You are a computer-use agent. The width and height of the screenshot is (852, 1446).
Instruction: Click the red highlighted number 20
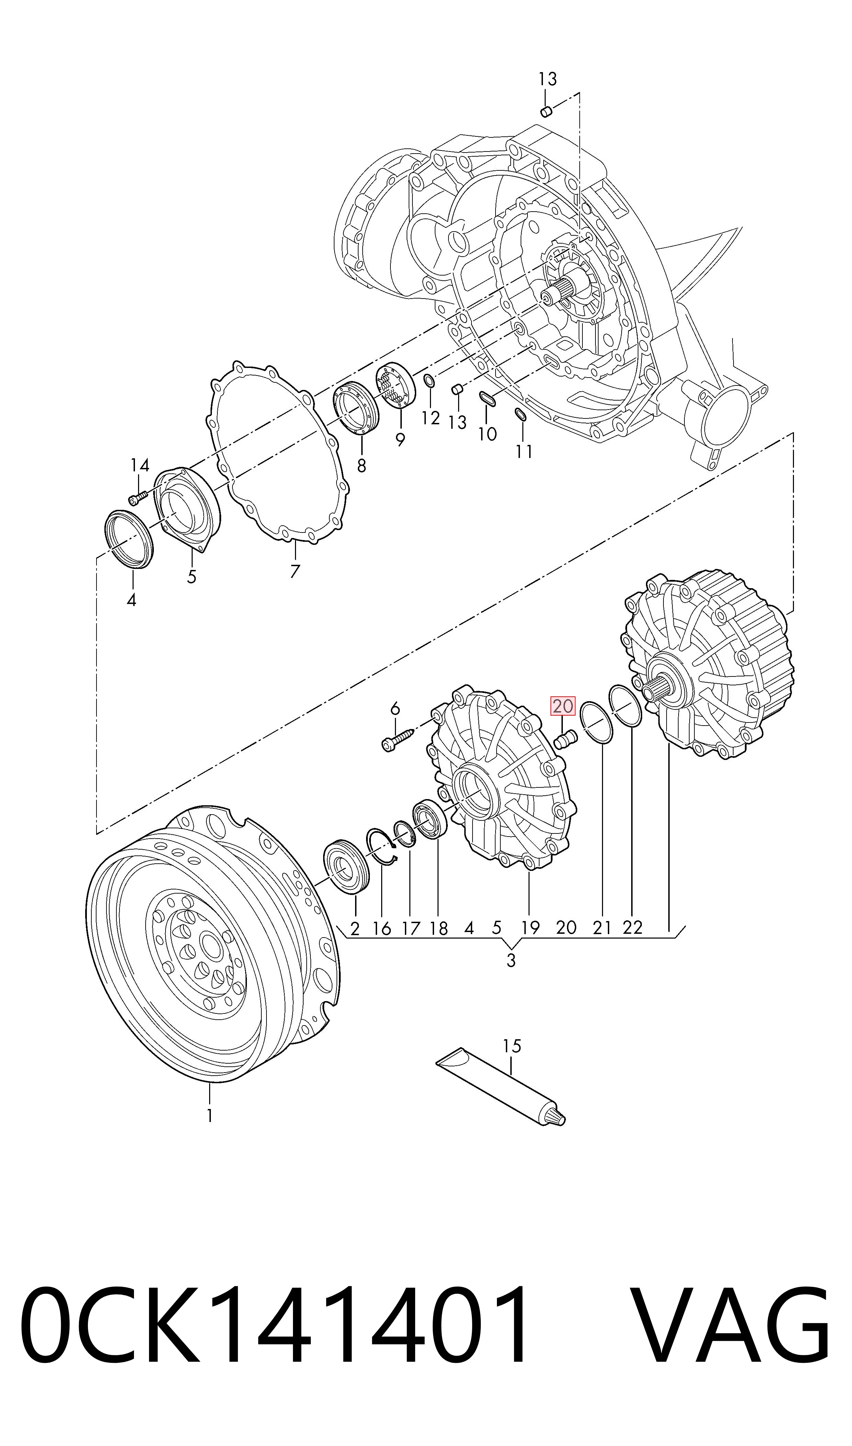coord(563,706)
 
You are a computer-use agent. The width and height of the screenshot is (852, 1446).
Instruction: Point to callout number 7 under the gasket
coord(295,571)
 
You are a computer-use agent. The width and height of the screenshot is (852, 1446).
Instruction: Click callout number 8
coord(361,464)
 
